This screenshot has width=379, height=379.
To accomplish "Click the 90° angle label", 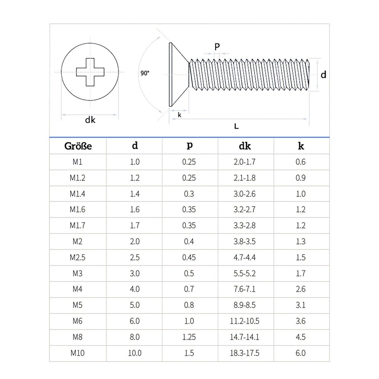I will pos(145,73).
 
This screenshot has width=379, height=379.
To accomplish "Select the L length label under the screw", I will pos(236,126).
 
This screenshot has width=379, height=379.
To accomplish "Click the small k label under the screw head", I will pos(180,115).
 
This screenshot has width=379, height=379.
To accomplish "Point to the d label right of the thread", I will pos(323,75).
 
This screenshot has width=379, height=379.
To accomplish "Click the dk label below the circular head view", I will pos(90,120).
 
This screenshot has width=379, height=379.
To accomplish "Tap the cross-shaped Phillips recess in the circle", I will pos(90,72).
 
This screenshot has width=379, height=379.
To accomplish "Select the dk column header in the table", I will pos(245,146).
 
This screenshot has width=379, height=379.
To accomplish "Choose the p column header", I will pos(189,145).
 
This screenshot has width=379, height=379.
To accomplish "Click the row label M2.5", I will pos(78,257).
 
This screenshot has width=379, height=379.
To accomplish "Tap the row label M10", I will pos(78,353).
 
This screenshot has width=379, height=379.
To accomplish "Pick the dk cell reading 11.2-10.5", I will pos(245,321).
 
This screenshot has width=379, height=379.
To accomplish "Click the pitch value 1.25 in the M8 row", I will pos(189,337).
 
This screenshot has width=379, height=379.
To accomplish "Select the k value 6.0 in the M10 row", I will pos(300,353).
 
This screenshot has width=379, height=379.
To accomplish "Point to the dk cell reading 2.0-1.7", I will pos(245,162).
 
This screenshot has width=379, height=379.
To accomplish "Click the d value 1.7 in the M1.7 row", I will pos(135,226).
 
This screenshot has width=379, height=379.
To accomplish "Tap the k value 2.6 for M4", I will pos(300,289).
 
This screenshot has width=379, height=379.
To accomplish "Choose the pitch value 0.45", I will pos(189,257).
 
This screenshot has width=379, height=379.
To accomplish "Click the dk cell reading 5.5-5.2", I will pos(245,274).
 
